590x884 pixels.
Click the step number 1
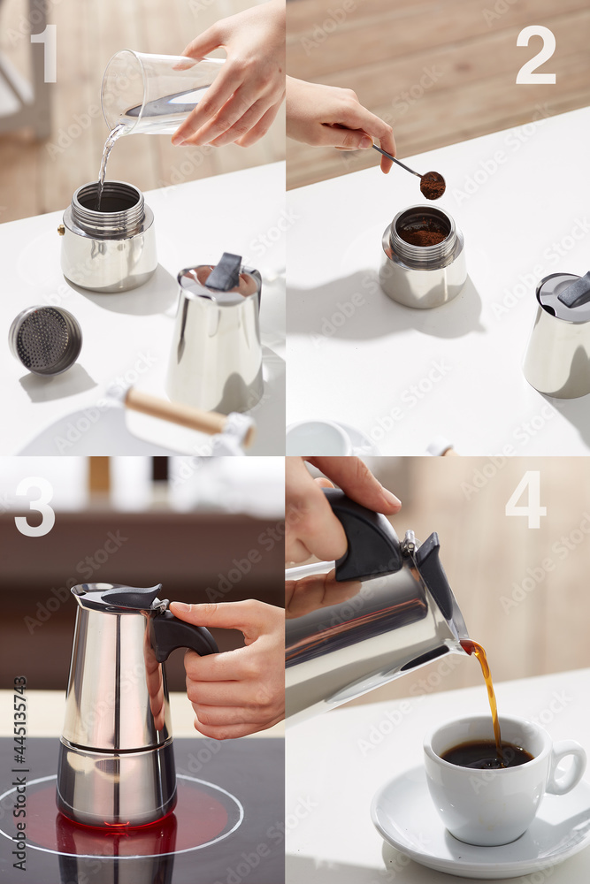click(43, 53)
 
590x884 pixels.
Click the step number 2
click(535, 55)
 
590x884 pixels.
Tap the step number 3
click(34, 507)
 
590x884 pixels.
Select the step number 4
click(525, 500)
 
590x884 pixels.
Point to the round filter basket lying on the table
click(45, 339)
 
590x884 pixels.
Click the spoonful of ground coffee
click(432, 185)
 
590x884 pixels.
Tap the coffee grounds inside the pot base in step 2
click(424, 232)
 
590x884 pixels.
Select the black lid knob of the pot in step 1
click(225, 271)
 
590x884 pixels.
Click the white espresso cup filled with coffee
click(487, 778)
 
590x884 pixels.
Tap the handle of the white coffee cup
click(568, 767)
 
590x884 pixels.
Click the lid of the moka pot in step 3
click(115, 597)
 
